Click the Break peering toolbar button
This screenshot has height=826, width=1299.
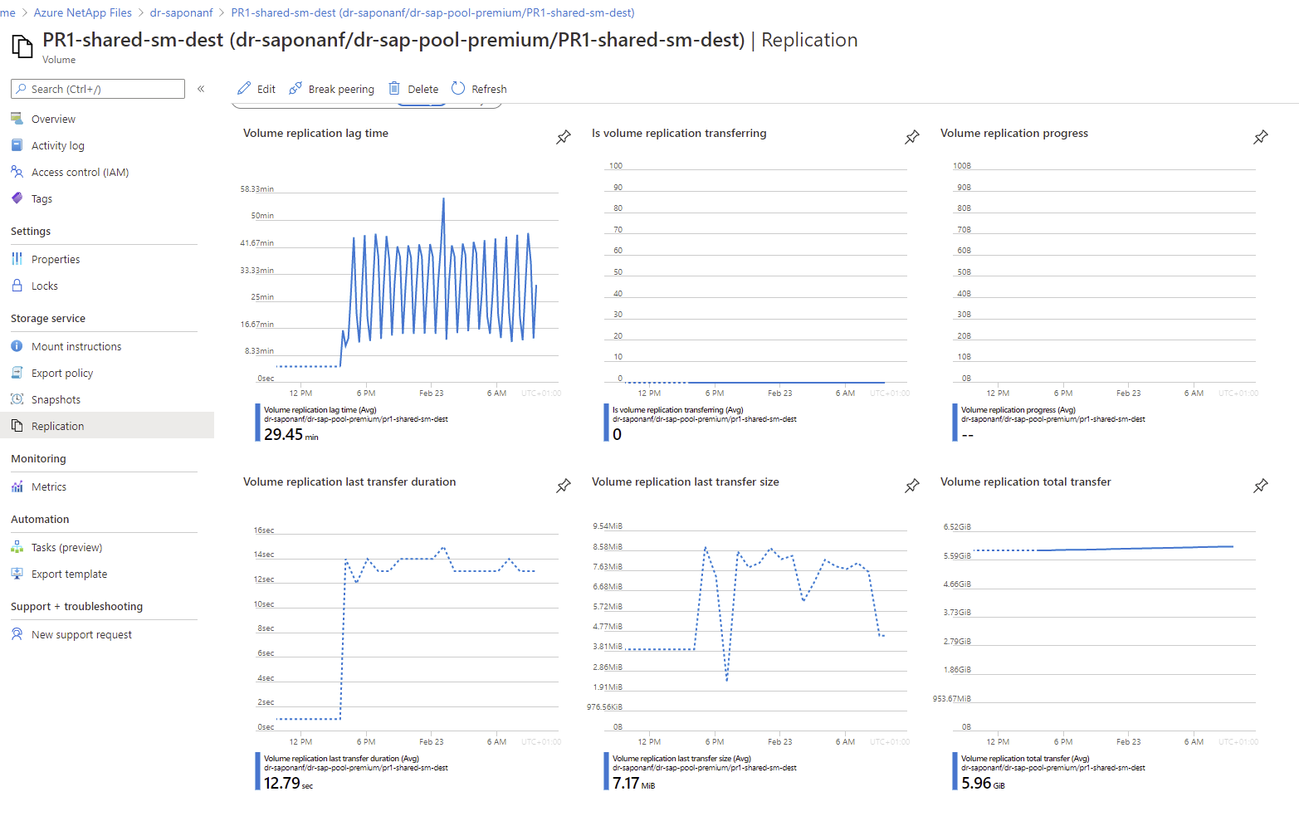[332, 89]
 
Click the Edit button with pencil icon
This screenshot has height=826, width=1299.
[256, 89]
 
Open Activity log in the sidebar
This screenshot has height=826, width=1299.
[57, 145]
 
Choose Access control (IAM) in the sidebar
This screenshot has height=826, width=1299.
[80, 172]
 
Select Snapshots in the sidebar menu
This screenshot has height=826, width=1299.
[56, 399]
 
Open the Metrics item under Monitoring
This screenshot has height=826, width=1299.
[48, 486]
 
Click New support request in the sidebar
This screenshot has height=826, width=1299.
[81, 634]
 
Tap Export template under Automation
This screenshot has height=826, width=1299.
[69, 574]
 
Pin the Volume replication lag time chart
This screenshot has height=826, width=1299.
[564, 137]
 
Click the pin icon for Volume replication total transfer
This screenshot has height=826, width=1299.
[1261, 486]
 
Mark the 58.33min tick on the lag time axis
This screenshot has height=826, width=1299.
[257, 189]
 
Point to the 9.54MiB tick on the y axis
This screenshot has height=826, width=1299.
[608, 526]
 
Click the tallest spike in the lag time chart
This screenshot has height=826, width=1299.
[443, 199]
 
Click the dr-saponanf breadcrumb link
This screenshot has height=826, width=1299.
[181, 12]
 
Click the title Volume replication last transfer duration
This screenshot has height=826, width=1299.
[349, 481]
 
